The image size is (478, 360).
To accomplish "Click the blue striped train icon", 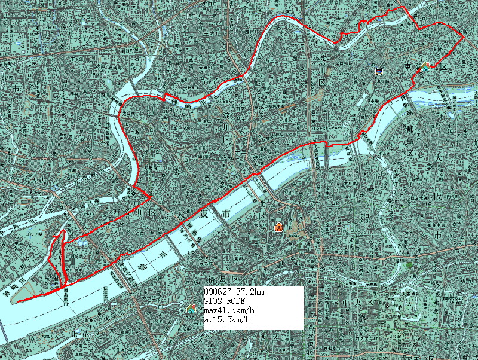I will click(378, 71).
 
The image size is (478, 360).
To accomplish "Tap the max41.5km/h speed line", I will click(229, 311).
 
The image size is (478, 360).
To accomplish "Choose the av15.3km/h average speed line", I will click(227, 321).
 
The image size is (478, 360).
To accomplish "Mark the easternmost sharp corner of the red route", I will click(465, 37).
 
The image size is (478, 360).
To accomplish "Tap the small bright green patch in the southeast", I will click(409, 264).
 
